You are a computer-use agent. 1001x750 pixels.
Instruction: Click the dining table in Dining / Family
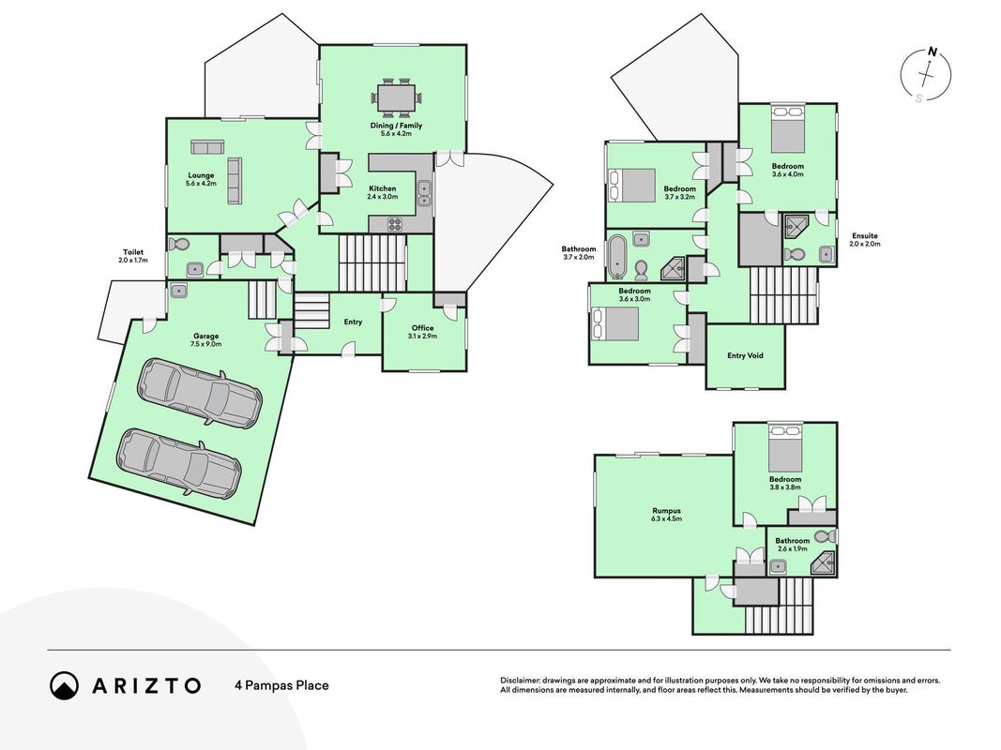tap(397, 98)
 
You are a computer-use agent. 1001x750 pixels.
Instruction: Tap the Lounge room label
tap(201, 175)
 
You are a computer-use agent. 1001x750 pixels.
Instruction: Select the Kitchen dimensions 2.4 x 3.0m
tap(383, 197)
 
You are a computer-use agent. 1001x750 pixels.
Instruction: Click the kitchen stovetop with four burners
tap(395, 224)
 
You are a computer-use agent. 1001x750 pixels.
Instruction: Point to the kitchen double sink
tap(425, 194)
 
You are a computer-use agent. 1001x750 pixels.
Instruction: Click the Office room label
tap(422, 328)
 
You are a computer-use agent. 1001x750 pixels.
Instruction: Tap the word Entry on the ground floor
tap(353, 322)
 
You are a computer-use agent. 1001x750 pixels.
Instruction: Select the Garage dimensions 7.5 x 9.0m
tap(206, 344)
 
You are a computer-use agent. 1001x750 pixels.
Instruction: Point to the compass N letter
tap(933, 52)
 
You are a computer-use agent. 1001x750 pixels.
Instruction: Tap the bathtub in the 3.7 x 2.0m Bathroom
tap(616, 257)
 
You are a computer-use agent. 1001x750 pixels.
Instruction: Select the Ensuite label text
tap(864, 236)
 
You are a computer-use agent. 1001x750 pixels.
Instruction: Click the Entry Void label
tap(745, 356)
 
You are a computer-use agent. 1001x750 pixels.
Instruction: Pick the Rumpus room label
tap(666, 511)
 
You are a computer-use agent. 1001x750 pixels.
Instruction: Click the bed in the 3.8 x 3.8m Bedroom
tap(785, 446)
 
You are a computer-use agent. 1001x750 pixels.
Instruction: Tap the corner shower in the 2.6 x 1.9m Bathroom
tap(822, 563)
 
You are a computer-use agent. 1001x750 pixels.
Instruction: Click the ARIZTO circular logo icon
tap(64, 685)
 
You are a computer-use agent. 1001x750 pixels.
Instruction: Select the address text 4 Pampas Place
tap(281, 685)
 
